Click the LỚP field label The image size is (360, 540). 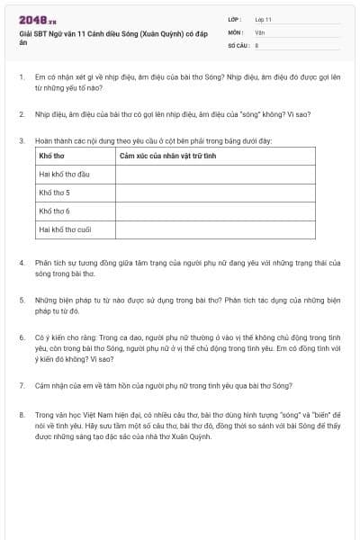[x=234, y=18]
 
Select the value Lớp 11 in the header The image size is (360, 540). [x=264, y=19]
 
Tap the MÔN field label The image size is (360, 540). [x=235, y=31]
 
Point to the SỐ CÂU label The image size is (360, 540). [x=238, y=43]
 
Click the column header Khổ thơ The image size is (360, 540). [x=51, y=157]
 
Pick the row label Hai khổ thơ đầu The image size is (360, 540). [x=65, y=175]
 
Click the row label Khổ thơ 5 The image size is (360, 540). [x=54, y=193]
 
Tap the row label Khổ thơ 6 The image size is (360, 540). [x=54, y=211]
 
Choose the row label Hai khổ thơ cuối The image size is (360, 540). [x=65, y=229]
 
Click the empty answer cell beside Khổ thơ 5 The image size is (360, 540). [x=215, y=193]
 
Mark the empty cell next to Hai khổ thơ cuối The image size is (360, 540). [x=215, y=229]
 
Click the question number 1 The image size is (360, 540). [x=21, y=77]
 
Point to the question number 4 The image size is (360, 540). [x=21, y=262]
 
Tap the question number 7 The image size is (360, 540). [x=21, y=385]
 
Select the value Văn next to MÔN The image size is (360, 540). [x=260, y=31]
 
